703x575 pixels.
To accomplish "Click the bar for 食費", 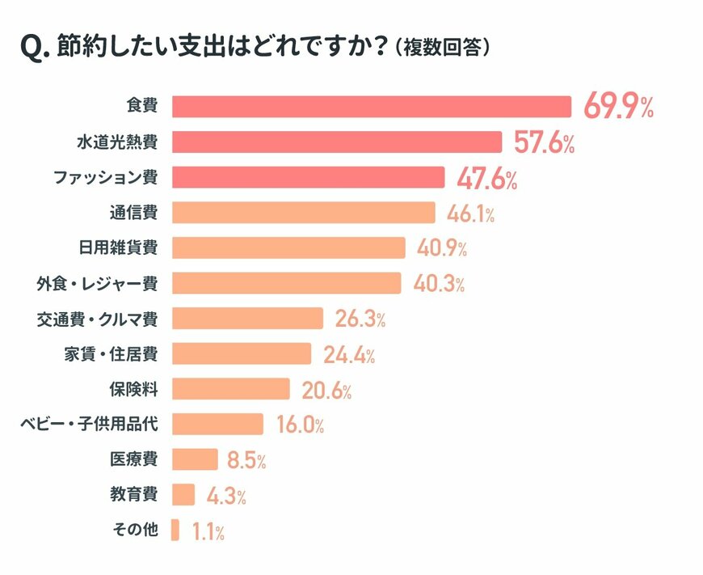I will pyautogui.click(x=372, y=107).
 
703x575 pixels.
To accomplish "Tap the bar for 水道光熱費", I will pyautogui.click(x=338, y=142).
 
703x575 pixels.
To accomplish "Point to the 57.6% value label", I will pyautogui.click(x=544, y=143).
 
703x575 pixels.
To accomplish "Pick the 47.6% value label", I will pyautogui.click(x=486, y=179).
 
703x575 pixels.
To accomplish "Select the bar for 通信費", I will pyautogui.click(x=304, y=213).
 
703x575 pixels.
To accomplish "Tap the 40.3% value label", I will pyautogui.click(x=439, y=284).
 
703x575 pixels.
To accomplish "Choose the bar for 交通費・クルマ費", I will pyautogui.click(x=248, y=319).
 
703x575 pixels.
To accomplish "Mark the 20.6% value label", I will pyautogui.click(x=326, y=391).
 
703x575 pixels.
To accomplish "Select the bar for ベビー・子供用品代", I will pyautogui.click(x=217, y=425).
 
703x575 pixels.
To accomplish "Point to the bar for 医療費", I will pyautogui.click(x=195, y=459).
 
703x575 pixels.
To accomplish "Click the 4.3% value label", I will pyautogui.click(x=225, y=496).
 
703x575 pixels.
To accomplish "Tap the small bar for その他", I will pyautogui.click(x=175, y=531).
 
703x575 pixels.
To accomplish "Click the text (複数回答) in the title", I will pyautogui.click(x=444, y=49).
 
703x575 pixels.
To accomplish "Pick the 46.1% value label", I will pyautogui.click(x=470, y=214).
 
